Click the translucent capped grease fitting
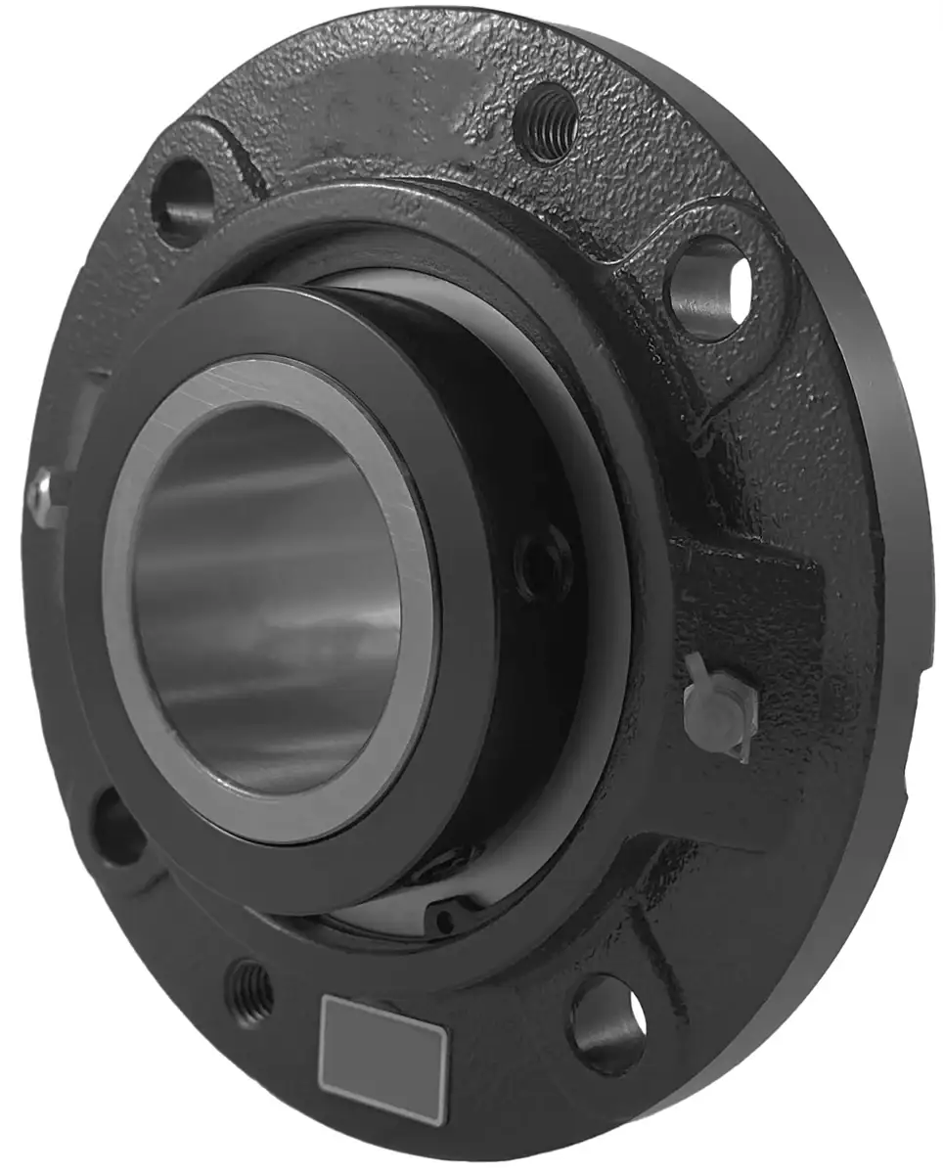click(x=722, y=706)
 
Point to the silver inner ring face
click(x=411, y=636)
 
